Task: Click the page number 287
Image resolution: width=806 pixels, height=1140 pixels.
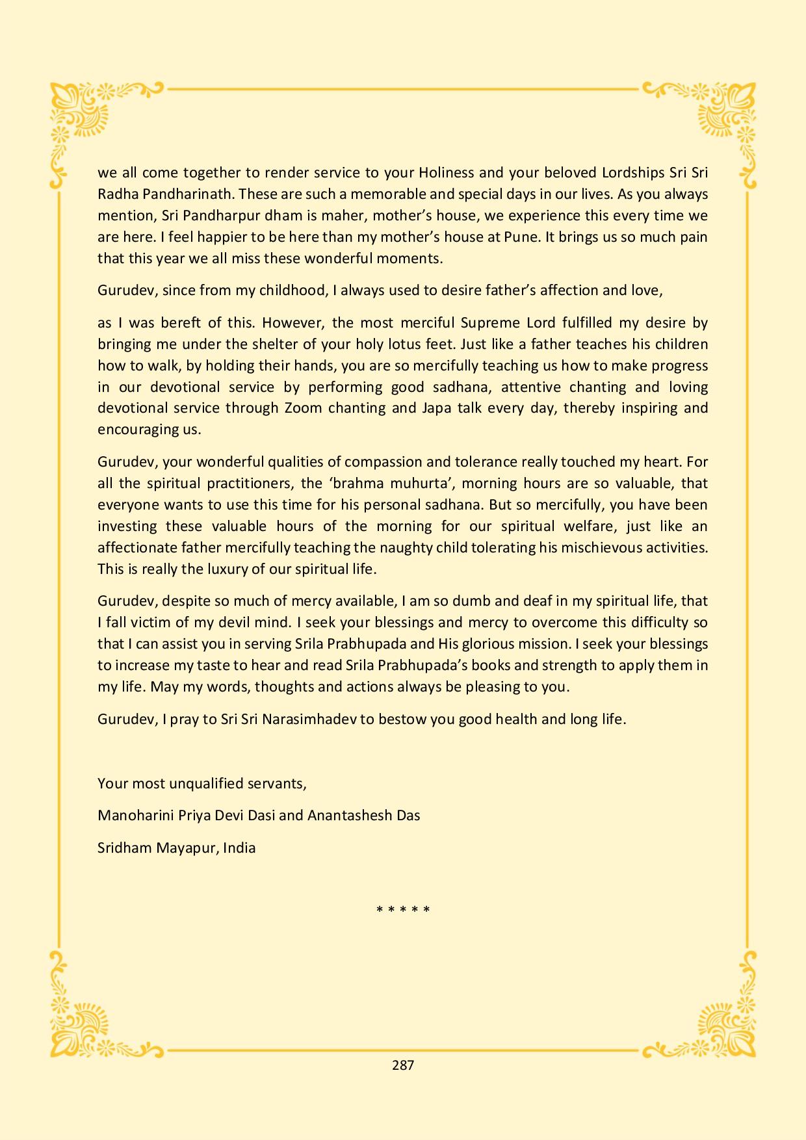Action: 403,1065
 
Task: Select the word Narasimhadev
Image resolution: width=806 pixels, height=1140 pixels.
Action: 307,719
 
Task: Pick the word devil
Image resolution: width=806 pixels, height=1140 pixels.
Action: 236,622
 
